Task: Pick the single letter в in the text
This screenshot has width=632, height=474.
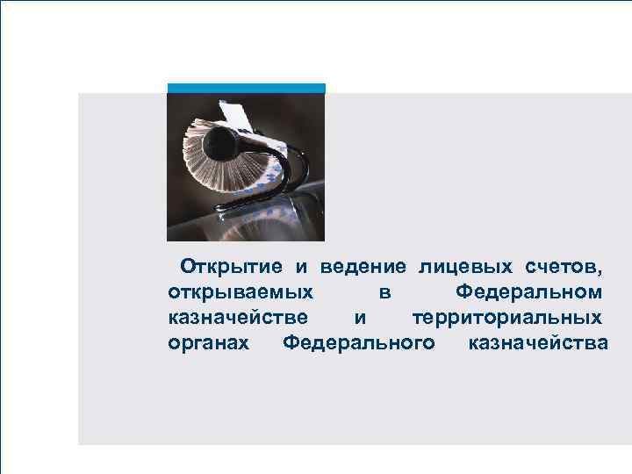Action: click(x=385, y=291)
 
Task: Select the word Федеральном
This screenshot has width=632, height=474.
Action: click(x=529, y=291)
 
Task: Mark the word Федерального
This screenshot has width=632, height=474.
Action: click(x=359, y=341)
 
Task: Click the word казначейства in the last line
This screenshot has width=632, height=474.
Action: click(x=537, y=341)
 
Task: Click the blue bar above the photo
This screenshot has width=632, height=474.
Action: click(x=246, y=88)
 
